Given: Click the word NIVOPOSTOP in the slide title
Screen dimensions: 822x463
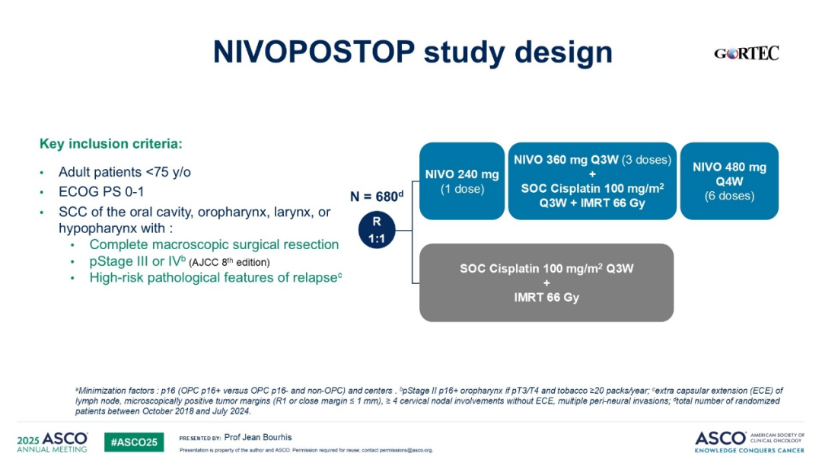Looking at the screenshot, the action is point(314,52).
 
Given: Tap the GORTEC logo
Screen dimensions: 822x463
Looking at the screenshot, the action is point(746,53).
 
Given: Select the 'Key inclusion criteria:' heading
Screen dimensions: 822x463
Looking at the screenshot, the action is point(110,144).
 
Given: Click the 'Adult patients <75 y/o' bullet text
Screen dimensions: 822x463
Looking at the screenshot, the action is point(125,172).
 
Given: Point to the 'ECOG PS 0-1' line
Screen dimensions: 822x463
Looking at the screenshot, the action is point(101,192).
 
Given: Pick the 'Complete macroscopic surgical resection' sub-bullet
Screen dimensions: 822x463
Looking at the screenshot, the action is point(214,244).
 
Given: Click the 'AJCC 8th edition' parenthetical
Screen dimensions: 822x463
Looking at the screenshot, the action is point(229,262).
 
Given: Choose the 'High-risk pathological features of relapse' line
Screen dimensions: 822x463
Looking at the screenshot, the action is point(215,277).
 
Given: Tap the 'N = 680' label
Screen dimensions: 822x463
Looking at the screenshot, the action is point(377,196).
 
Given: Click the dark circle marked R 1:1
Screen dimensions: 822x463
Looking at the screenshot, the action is point(377,230).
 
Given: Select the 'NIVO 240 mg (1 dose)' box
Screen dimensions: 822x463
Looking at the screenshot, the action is point(462,181).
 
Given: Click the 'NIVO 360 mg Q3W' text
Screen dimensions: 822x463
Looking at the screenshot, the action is point(566,160).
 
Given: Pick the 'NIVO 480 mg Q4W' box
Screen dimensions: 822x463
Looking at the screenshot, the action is point(729,181).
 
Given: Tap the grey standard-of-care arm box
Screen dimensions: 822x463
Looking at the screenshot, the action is point(546,283).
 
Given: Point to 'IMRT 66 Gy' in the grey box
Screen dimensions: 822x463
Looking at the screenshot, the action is point(546,297).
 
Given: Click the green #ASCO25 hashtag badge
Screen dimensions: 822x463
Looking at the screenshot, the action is point(134,442).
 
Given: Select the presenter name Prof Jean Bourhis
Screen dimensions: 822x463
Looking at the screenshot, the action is point(258,437).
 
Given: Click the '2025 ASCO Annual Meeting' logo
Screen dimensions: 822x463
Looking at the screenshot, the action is point(52,442).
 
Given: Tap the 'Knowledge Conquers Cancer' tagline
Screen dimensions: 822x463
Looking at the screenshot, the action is point(749,450).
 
